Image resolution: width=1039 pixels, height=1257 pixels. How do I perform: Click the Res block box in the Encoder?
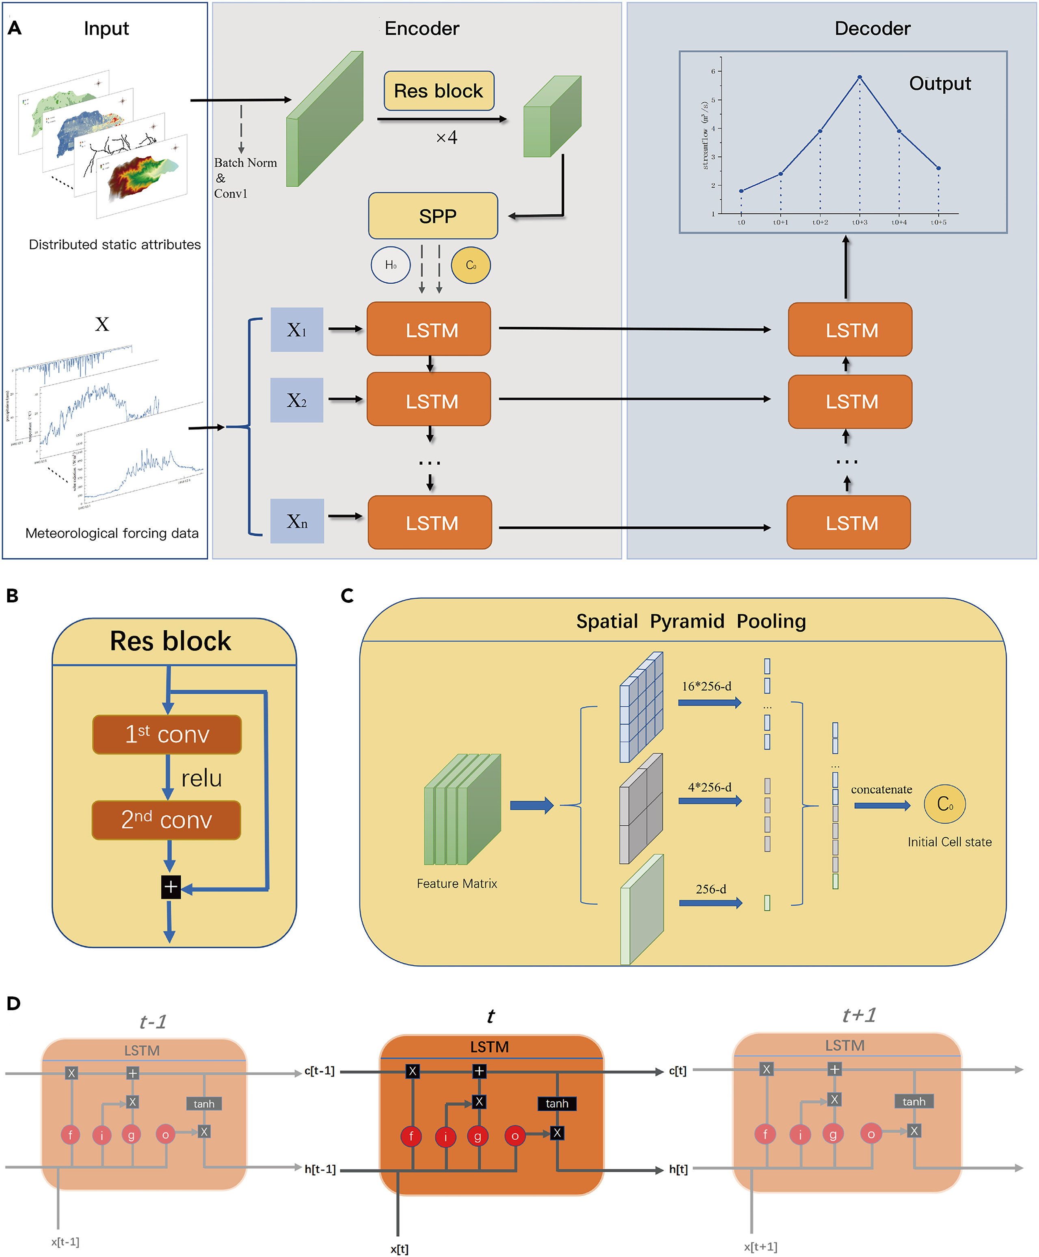click(x=438, y=91)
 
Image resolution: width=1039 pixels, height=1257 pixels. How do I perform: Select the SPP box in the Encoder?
click(x=433, y=216)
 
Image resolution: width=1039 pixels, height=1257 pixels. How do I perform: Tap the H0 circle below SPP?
click(x=390, y=265)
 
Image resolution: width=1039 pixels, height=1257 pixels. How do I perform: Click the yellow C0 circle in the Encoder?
click(x=471, y=265)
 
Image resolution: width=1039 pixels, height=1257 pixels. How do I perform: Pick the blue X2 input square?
click(x=297, y=400)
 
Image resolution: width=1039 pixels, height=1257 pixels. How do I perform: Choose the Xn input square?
click(x=297, y=521)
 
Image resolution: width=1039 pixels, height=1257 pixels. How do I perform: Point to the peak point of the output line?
click(x=860, y=77)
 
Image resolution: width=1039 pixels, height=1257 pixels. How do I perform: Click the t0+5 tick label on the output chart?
click(x=938, y=222)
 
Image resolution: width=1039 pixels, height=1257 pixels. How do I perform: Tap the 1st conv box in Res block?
click(x=167, y=734)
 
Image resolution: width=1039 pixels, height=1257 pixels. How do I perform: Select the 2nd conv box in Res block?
click(x=166, y=819)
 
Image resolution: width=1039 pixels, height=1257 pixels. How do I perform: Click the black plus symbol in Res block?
click(x=171, y=887)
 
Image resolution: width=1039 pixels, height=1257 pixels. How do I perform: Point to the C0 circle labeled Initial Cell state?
click(x=944, y=804)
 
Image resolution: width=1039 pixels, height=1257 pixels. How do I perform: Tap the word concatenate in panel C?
click(x=881, y=789)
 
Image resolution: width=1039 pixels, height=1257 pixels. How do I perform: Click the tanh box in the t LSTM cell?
click(x=557, y=1103)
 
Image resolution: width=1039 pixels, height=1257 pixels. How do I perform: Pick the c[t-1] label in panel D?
click(x=319, y=1070)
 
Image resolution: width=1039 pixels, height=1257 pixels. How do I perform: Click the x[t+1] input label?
click(x=760, y=1246)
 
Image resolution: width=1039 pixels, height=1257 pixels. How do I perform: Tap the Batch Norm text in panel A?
click(x=245, y=163)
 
